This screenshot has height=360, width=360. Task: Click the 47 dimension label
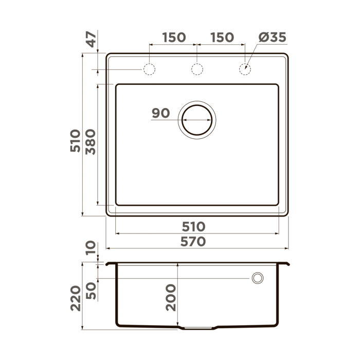[x=91, y=40]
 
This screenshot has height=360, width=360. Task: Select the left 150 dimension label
[x=174, y=38]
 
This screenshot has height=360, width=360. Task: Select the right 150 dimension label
[x=222, y=38]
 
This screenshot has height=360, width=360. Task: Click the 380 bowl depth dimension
[x=91, y=141]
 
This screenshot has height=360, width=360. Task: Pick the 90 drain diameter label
[x=161, y=113]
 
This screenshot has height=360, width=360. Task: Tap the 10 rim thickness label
[x=91, y=248]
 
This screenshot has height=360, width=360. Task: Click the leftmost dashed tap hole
[x=149, y=69]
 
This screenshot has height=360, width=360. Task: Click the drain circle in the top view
[x=197, y=119]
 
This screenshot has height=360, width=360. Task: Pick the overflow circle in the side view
[x=257, y=278]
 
